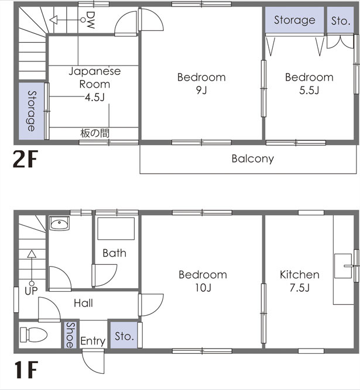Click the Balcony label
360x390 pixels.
tap(252, 159)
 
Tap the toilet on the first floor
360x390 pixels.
tap(33, 334)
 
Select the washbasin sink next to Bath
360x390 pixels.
tap(59, 223)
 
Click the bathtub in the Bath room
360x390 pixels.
tap(116, 229)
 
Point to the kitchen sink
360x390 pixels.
tap(343, 266)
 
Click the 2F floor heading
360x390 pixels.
tap(25, 159)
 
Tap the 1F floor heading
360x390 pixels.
tap(26, 370)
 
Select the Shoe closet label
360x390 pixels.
tap(70, 335)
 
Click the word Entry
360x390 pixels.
tap(93, 341)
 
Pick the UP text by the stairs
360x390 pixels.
tap(31, 291)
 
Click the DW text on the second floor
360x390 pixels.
tap(90, 20)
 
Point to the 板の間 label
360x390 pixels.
tap(95, 133)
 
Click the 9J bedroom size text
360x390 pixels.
tap(201, 90)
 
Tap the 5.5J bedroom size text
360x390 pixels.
tap(309, 90)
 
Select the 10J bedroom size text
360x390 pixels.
tap(203, 288)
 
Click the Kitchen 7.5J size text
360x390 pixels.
tap(300, 288)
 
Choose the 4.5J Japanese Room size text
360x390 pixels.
tap(95, 97)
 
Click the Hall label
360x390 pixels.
tap(83, 303)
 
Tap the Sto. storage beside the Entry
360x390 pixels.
tap(124, 335)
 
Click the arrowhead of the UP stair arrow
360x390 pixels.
tap(32, 254)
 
